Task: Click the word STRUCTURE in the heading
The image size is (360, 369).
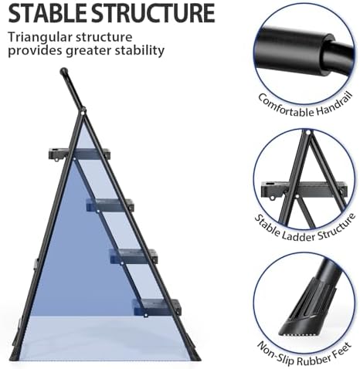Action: [x=150, y=13]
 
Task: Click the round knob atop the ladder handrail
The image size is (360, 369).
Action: [x=64, y=72]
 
